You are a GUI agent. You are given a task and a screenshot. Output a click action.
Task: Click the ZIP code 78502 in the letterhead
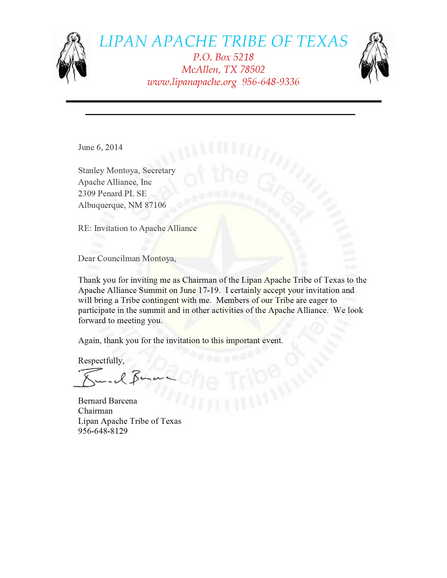pos(252,69)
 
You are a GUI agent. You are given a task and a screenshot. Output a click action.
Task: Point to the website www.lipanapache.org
pos(192,82)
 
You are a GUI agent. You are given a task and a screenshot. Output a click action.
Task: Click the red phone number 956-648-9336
pos(271,82)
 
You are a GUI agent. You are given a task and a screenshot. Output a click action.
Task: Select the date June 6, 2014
pos(100,147)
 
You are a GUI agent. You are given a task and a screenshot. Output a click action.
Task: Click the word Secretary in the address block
pos(159,171)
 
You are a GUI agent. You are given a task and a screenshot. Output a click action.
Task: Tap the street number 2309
pos(87,193)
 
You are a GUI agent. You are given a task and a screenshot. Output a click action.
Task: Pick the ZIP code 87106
pos(155,205)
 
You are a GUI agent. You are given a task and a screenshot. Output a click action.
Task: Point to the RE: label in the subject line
pos(85,228)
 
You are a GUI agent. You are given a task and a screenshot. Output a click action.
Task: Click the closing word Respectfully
pos(101,361)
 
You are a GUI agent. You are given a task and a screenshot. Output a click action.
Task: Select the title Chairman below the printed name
pos(95,411)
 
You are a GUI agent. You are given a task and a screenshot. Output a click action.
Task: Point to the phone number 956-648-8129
pos(103,431)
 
